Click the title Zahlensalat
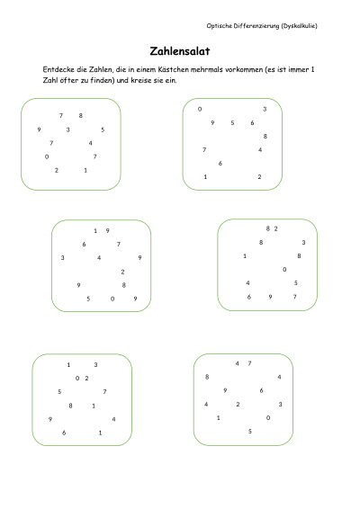180,51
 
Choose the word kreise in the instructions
140,80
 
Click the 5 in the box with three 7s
103,129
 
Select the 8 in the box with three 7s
81,115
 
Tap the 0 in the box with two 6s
200,109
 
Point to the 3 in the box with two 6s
265,109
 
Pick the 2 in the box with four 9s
122,272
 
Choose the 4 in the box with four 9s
99,257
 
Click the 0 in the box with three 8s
284,269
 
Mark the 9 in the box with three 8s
270,297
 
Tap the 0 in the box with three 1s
77,379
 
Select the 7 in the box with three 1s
104,392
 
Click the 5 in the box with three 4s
250,431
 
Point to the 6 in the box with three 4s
261,390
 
